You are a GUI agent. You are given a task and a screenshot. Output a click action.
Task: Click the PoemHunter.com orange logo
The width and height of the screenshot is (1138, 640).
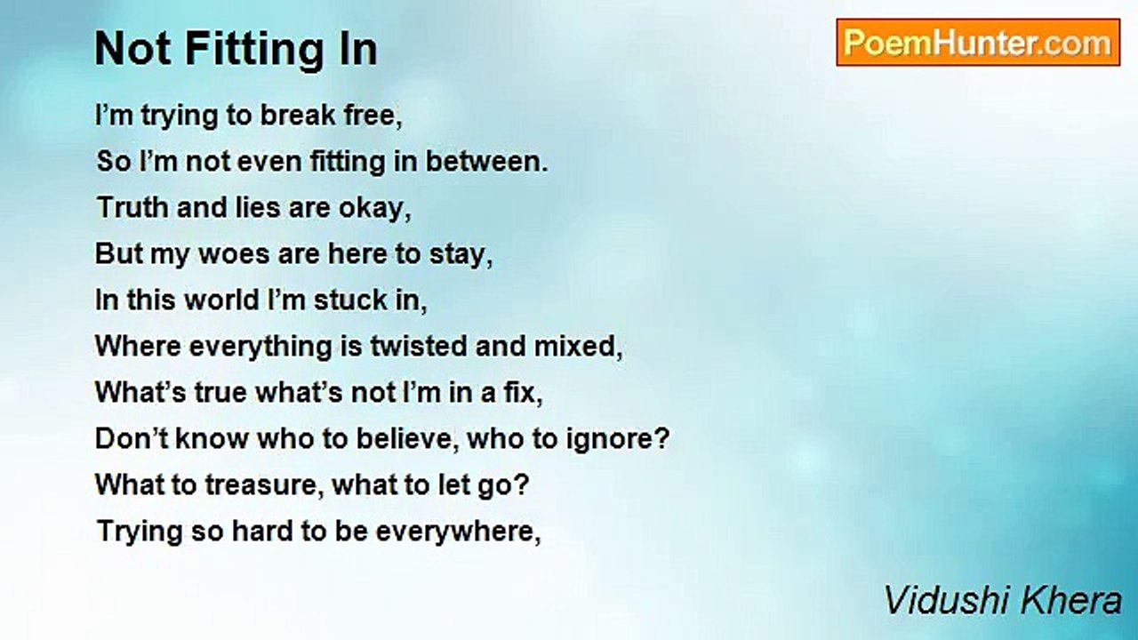point(978,43)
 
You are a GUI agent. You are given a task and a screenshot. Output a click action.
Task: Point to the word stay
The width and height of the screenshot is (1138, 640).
point(461,254)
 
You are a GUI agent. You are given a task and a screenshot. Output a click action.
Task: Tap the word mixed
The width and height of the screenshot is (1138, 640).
point(578,347)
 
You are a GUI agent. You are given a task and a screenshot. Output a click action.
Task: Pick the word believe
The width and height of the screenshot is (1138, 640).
point(404,438)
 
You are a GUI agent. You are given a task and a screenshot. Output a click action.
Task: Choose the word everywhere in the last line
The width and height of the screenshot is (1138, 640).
point(458,532)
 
